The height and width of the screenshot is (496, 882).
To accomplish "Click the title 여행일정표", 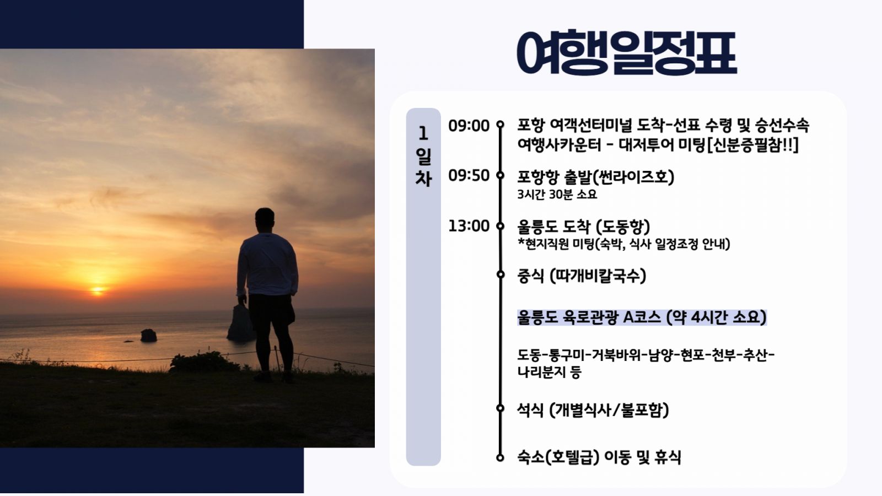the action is [626, 52].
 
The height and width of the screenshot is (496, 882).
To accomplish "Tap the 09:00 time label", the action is [469, 126].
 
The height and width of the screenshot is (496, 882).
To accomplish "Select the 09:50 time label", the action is [469, 176].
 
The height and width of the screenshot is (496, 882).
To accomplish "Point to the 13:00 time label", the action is [469, 226].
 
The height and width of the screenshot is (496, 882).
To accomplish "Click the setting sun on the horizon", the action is [97, 290].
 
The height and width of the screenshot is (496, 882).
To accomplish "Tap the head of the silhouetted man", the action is [265, 218].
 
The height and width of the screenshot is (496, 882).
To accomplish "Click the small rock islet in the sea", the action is [148, 336].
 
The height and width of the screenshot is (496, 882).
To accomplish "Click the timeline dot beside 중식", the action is [501, 274].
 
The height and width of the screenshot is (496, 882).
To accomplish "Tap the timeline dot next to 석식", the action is [501, 408].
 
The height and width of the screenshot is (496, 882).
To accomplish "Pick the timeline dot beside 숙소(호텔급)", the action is [501, 458].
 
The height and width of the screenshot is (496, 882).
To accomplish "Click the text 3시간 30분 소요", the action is [557, 195].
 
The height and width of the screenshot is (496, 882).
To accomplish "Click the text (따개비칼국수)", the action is [598, 276].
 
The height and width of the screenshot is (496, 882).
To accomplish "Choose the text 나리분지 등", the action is [549, 372].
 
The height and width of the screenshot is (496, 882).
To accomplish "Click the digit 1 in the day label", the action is [423, 134].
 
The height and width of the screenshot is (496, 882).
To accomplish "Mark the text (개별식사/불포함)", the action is [609, 410].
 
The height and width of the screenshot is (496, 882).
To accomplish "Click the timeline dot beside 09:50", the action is [501, 175].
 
